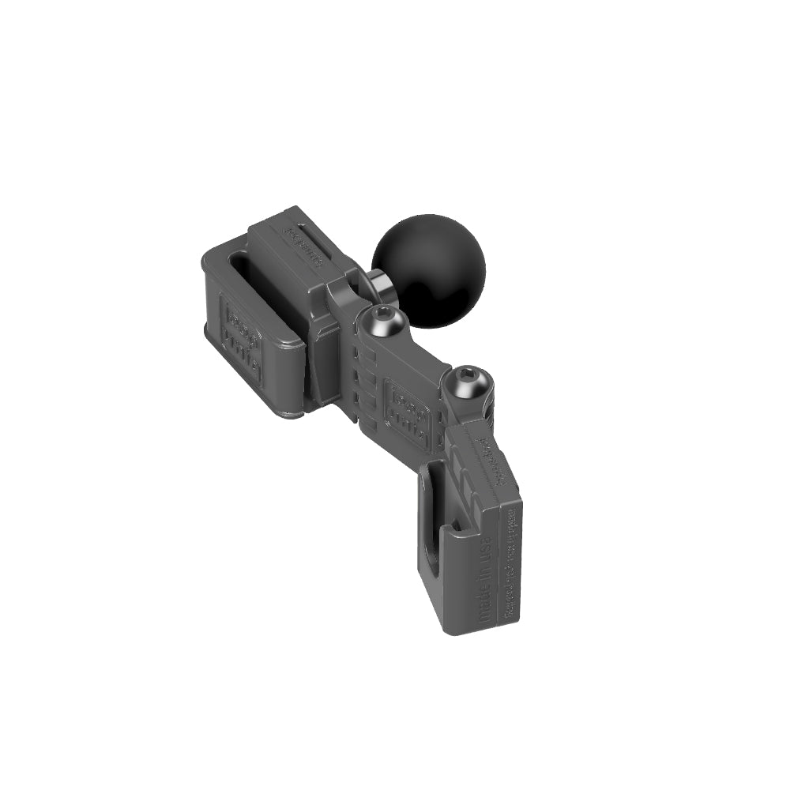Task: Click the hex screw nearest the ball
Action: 384,321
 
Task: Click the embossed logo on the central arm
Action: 407,413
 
